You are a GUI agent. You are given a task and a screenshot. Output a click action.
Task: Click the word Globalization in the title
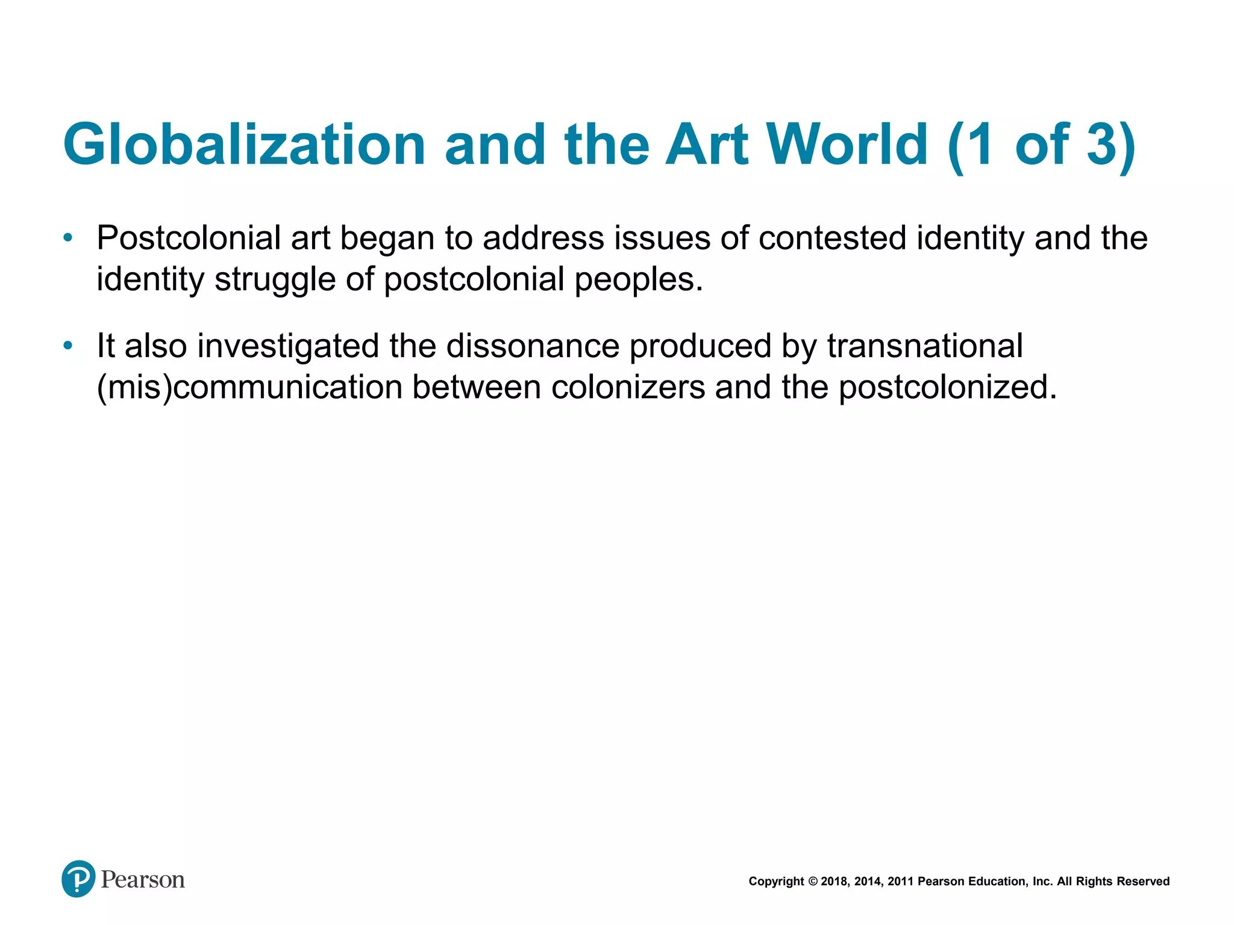pyautogui.click(x=244, y=145)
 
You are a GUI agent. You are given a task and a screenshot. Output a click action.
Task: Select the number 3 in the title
pyautogui.click(x=1102, y=145)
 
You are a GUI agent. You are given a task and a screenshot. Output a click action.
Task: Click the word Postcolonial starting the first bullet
pyautogui.click(x=189, y=238)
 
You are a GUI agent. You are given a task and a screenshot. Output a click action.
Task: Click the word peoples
pyautogui.click(x=638, y=279)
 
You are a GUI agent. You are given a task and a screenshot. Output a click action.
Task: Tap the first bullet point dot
pyautogui.click(x=68, y=238)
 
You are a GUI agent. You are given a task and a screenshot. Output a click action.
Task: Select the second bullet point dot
pyautogui.click(x=68, y=346)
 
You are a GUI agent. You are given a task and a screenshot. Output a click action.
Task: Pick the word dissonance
pyautogui.click(x=533, y=346)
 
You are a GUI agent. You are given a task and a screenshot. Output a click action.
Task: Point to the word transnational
pyautogui.click(x=924, y=346)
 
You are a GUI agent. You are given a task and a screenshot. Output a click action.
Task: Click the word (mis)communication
pyautogui.click(x=249, y=387)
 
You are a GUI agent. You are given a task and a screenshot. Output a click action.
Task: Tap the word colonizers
pyautogui.click(x=628, y=387)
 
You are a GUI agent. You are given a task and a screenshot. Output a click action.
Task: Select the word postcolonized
pyautogui.click(x=947, y=387)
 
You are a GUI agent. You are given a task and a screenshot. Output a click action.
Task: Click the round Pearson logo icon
pyautogui.click(x=78, y=879)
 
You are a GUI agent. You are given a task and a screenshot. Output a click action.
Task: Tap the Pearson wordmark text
pyautogui.click(x=143, y=880)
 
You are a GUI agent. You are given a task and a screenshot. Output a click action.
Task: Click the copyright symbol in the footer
pyautogui.click(x=813, y=882)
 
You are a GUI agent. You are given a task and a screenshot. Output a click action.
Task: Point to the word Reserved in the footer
pyautogui.click(x=1143, y=882)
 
